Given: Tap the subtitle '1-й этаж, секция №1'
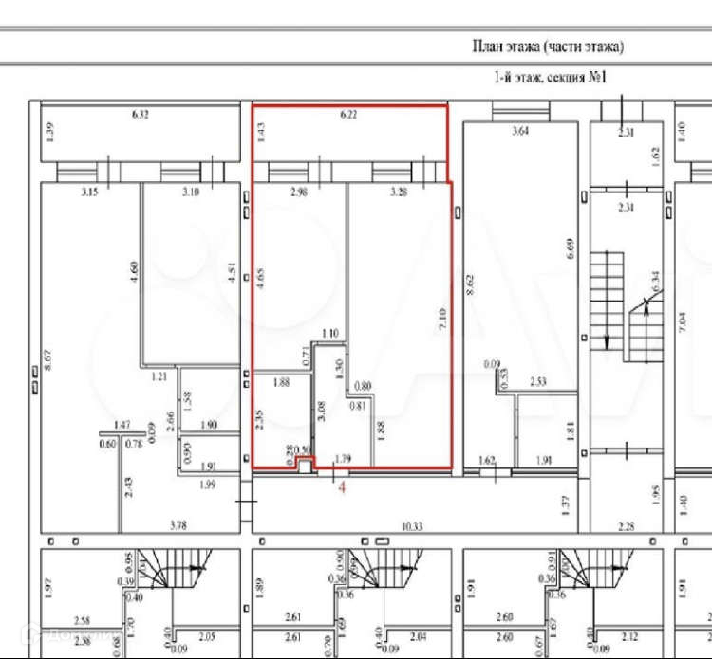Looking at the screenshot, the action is [549, 79].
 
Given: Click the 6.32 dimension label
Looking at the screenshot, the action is [141, 116].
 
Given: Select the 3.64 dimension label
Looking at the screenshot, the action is [519, 132].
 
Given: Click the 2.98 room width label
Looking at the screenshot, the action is [299, 192].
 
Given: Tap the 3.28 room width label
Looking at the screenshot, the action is [398, 192].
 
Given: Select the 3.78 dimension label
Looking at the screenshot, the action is [178, 524].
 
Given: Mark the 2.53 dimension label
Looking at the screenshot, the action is [539, 382].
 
